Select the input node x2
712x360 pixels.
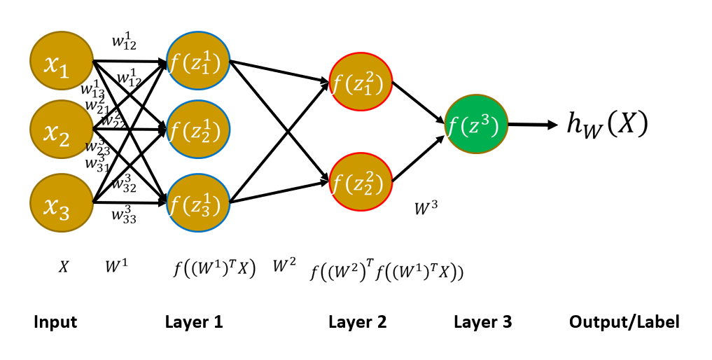click(x=62, y=130)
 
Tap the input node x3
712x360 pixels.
click(x=62, y=203)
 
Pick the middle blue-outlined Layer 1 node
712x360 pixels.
click(x=198, y=130)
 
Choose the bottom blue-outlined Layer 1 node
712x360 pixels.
click(x=198, y=203)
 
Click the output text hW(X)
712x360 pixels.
click(x=607, y=124)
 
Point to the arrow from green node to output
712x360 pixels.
click(x=531, y=125)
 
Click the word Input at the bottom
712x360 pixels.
click(x=55, y=322)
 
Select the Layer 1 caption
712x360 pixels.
click(x=194, y=322)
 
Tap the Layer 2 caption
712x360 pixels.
click(x=357, y=322)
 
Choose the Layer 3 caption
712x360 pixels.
click(x=482, y=322)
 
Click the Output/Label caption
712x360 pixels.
click(x=624, y=322)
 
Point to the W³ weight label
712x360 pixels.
click(x=426, y=209)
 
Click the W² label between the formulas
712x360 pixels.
click(x=285, y=265)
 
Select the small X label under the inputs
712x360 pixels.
click(x=63, y=267)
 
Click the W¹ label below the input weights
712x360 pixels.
click(x=116, y=267)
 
